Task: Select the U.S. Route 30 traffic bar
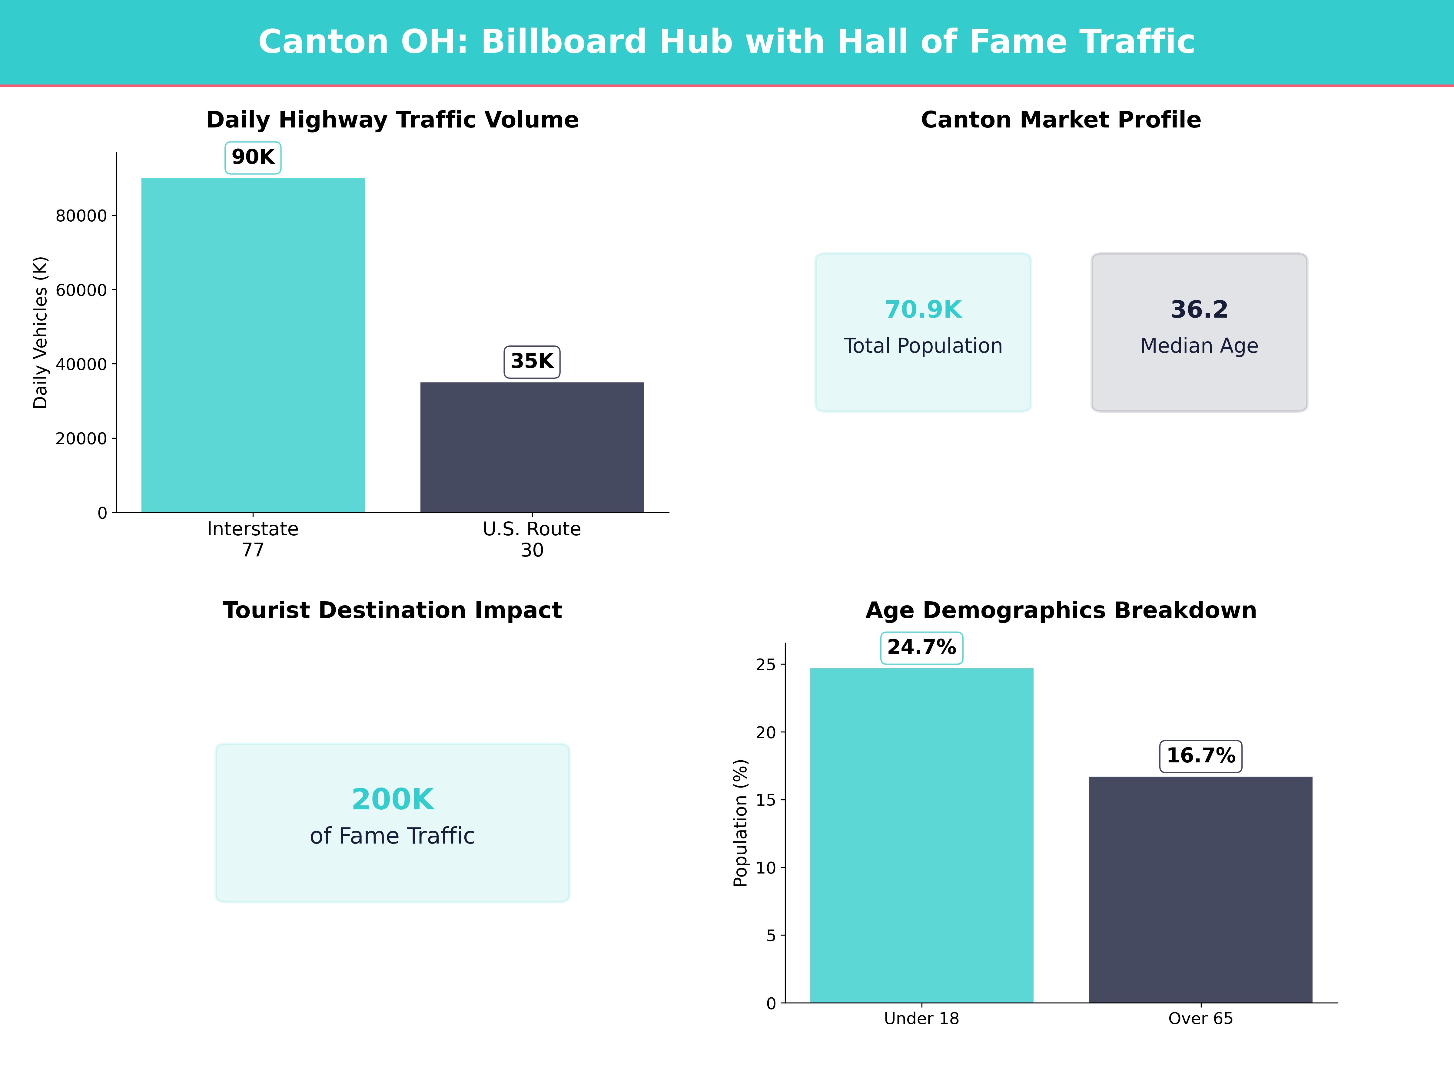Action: [532, 447]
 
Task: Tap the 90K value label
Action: [253, 158]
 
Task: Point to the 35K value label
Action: [532, 361]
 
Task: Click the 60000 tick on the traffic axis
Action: [81, 290]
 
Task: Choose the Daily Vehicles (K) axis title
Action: [41, 332]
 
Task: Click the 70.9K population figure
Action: [923, 309]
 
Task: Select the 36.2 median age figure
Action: [1199, 309]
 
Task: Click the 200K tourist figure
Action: [392, 800]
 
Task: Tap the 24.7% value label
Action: [921, 648]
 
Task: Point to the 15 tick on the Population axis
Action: [766, 800]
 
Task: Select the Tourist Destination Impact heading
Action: [392, 610]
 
